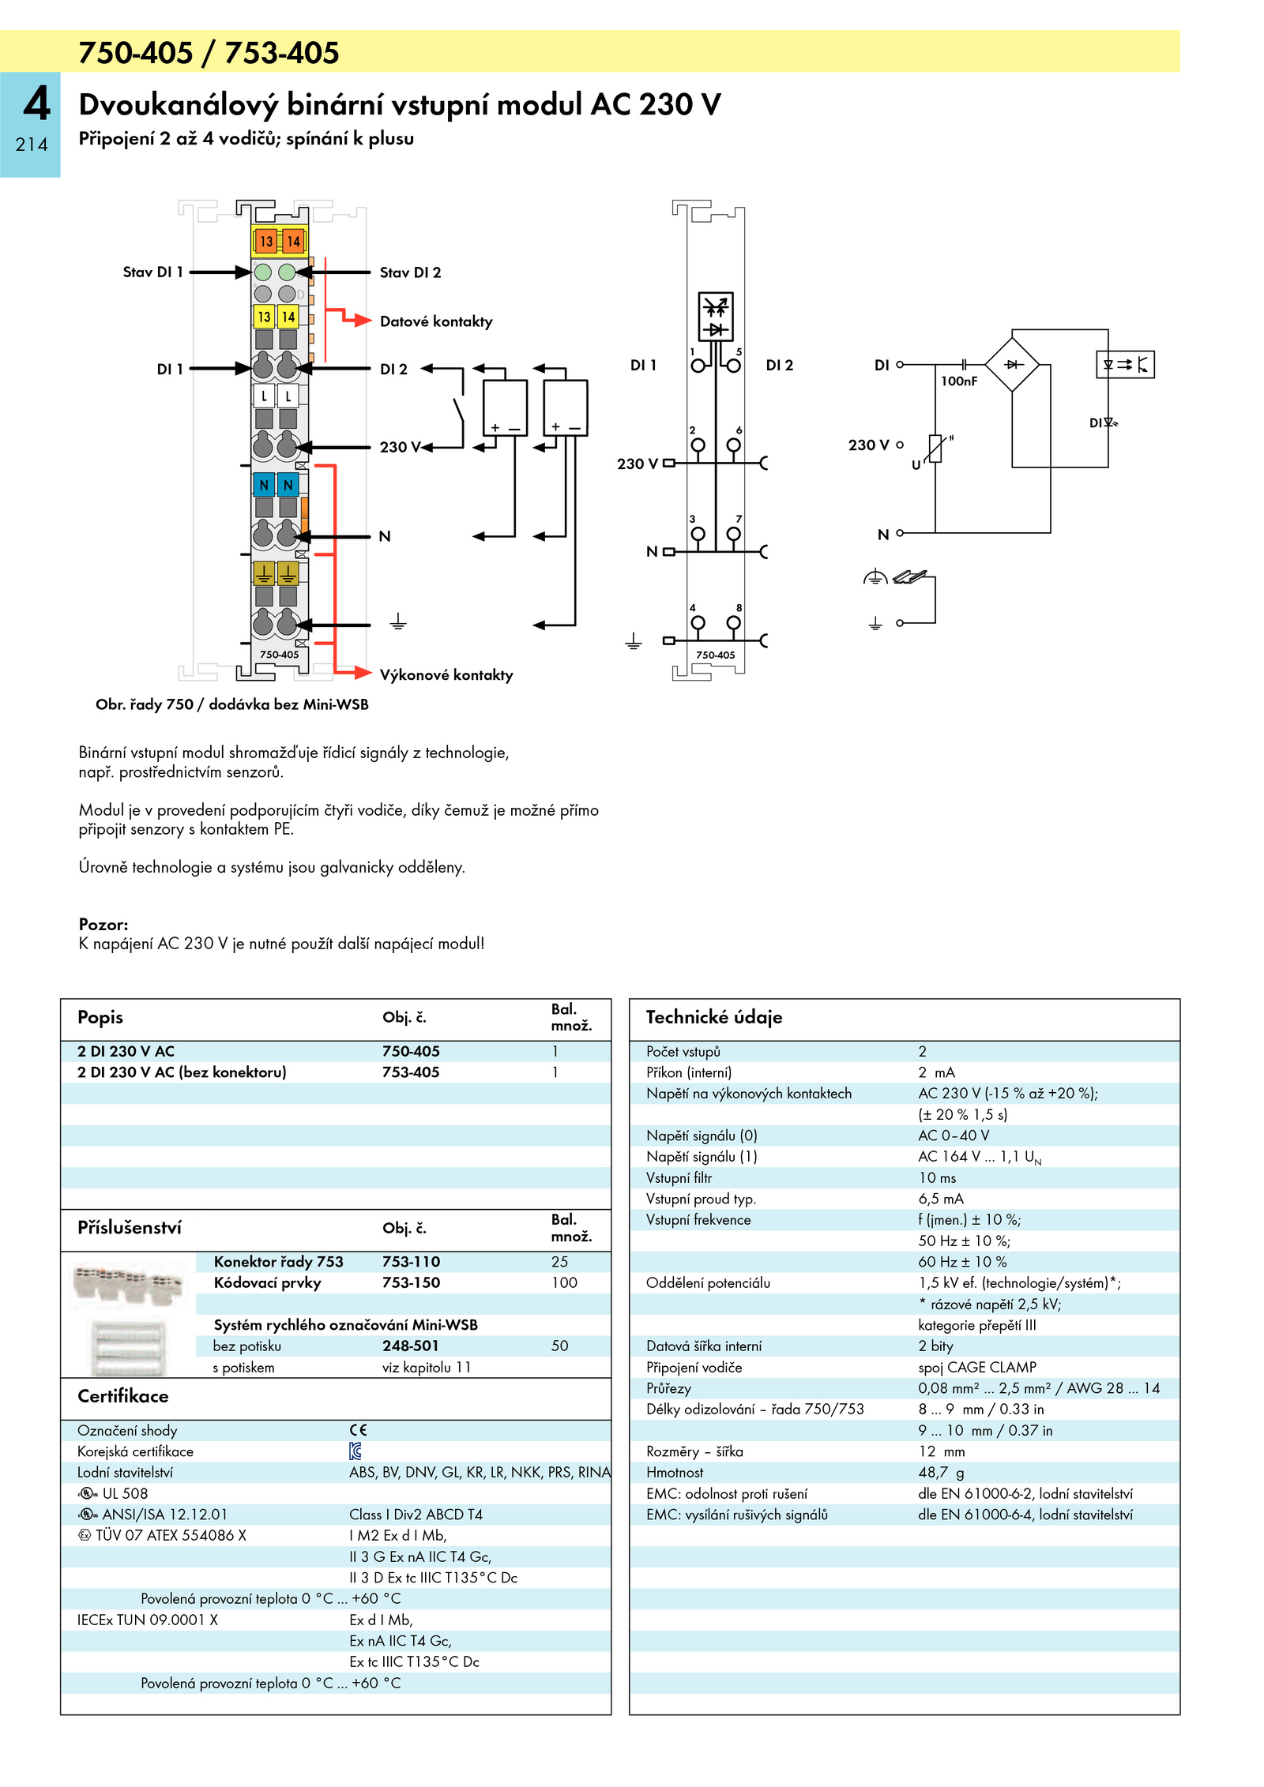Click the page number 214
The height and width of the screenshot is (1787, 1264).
click(32, 145)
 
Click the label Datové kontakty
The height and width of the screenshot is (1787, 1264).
click(436, 321)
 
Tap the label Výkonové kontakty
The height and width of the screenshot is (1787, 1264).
click(446, 675)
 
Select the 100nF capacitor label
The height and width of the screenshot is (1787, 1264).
click(959, 381)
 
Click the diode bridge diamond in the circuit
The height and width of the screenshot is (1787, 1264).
click(1012, 364)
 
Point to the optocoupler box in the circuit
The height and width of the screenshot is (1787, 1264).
click(1125, 364)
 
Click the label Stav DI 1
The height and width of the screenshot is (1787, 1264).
click(152, 272)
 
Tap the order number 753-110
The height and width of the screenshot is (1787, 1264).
click(411, 1262)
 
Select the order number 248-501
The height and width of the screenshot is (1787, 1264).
click(410, 1346)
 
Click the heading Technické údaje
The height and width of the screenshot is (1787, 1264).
click(714, 1017)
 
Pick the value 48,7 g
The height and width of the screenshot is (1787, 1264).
click(941, 1473)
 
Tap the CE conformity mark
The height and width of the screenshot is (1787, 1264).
click(359, 1430)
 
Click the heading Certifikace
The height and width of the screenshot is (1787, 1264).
click(123, 1396)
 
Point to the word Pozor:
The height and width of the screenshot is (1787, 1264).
click(103, 925)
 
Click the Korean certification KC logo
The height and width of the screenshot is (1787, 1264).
click(355, 1451)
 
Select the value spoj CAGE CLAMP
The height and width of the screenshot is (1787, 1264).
click(977, 1367)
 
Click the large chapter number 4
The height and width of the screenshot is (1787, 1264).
click(36, 103)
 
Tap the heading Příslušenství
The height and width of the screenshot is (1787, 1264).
click(130, 1228)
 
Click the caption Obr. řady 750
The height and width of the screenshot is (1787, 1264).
click(145, 704)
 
